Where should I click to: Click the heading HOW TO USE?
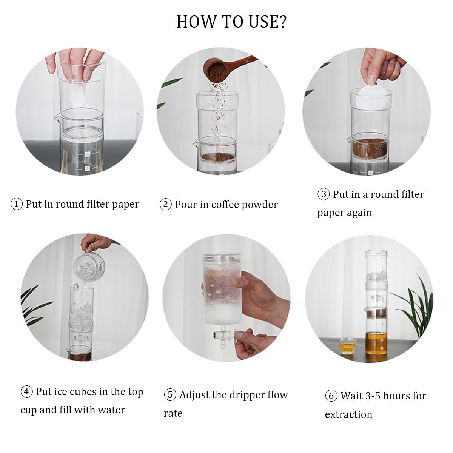pos(231,22)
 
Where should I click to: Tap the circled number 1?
pos(17,204)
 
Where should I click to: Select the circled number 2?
pos(165,205)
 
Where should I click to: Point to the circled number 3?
pos(324,194)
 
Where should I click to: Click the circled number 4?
pos(26,392)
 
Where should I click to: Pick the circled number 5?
pos(170,395)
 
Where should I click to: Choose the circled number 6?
pos(331,396)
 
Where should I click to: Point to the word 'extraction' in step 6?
pos(348,414)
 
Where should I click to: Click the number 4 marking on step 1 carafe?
pos(86,154)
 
